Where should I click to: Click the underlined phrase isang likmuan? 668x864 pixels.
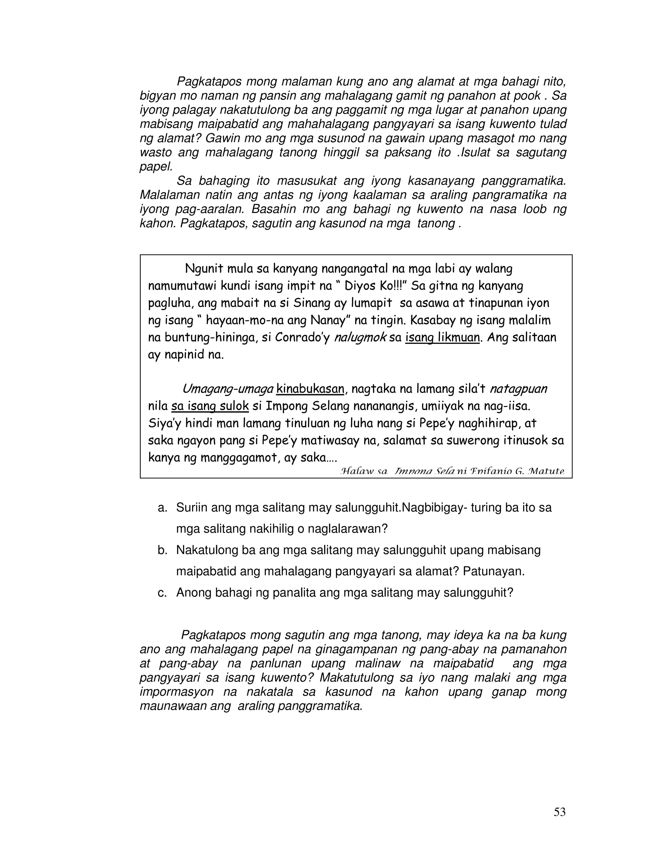(x=442, y=337)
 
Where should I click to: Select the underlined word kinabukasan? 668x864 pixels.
(x=310, y=389)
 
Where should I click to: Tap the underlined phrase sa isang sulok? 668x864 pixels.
(x=210, y=406)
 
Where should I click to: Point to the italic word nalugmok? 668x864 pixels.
(x=360, y=337)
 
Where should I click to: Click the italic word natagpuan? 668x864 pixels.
(x=518, y=389)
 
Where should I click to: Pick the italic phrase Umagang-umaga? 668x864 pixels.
(x=228, y=389)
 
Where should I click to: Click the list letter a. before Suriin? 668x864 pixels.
(x=162, y=508)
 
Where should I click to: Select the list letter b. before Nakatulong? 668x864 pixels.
(x=162, y=550)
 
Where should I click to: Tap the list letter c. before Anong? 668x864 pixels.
(x=162, y=593)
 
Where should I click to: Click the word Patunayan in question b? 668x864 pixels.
(x=493, y=572)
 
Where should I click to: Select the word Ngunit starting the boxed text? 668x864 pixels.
(x=204, y=269)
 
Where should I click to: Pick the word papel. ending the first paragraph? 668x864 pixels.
(x=156, y=167)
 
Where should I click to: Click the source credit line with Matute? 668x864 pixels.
(x=452, y=471)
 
